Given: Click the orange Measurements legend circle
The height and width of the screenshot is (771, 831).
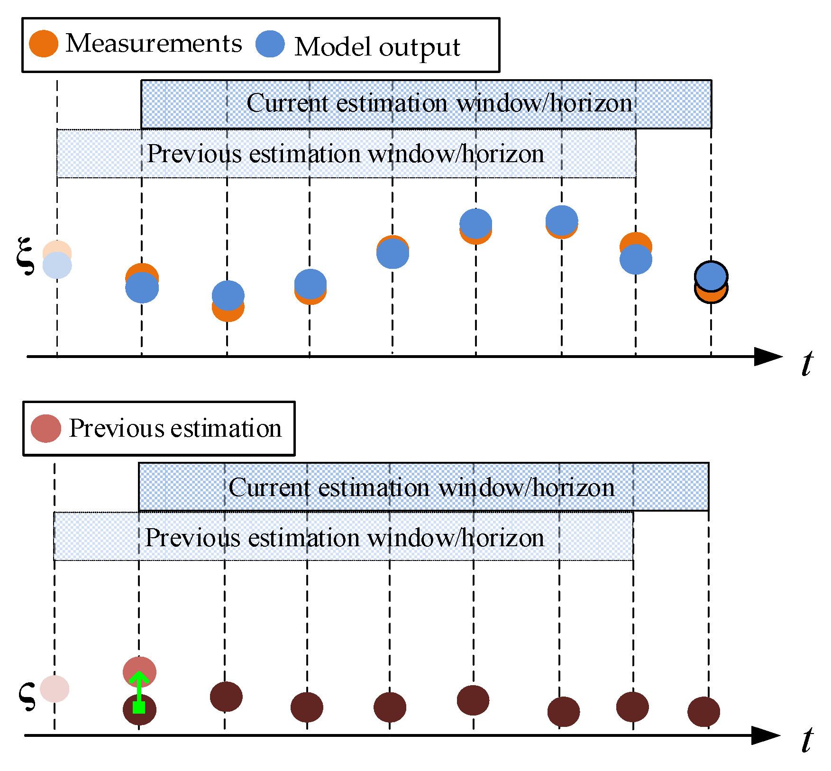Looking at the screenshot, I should (44, 44).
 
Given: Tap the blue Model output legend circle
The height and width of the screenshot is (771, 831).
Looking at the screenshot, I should (270, 44).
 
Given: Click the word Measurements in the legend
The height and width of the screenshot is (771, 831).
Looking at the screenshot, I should (154, 44).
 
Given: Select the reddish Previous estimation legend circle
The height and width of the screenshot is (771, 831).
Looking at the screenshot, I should (46, 428).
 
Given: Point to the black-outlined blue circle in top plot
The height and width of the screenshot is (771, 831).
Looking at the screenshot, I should (711, 276).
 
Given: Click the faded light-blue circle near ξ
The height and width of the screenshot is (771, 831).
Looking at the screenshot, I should (57, 266).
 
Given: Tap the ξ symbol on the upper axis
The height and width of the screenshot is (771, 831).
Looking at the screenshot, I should (25, 256).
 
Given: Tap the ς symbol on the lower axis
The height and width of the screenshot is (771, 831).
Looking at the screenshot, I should (27, 696).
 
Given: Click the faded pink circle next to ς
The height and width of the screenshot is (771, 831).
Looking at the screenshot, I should (55, 688).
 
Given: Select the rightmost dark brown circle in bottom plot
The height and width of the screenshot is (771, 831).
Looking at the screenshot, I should (703, 711).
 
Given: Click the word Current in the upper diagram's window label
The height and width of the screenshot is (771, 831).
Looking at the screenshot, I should (287, 103).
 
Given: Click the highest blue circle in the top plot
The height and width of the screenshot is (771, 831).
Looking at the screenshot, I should (562, 220).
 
